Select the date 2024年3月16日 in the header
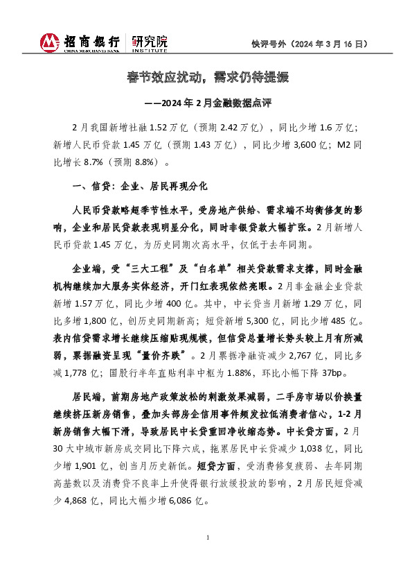pos(324,44)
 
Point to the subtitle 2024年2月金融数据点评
pos(215,104)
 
